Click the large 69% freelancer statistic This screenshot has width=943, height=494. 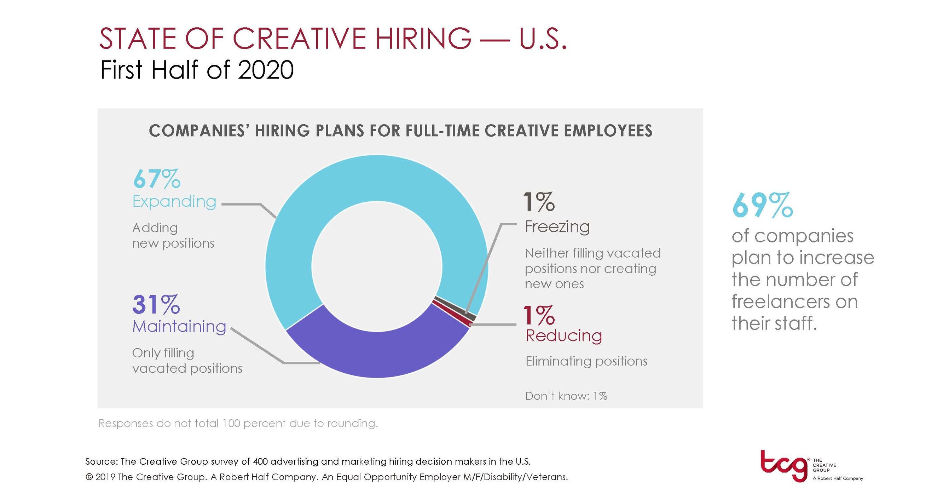tap(762, 206)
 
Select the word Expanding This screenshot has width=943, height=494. tap(174, 202)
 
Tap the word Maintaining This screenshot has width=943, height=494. tap(179, 326)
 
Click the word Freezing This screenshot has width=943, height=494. tap(557, 227)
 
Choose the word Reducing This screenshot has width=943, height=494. tap(564, 335)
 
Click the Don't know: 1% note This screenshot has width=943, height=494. tap(566, 396)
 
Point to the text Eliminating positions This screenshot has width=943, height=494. tap(586, 361)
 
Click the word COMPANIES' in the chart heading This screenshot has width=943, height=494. tap(198, 131)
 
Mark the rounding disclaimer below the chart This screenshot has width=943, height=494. tap(238, 423)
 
